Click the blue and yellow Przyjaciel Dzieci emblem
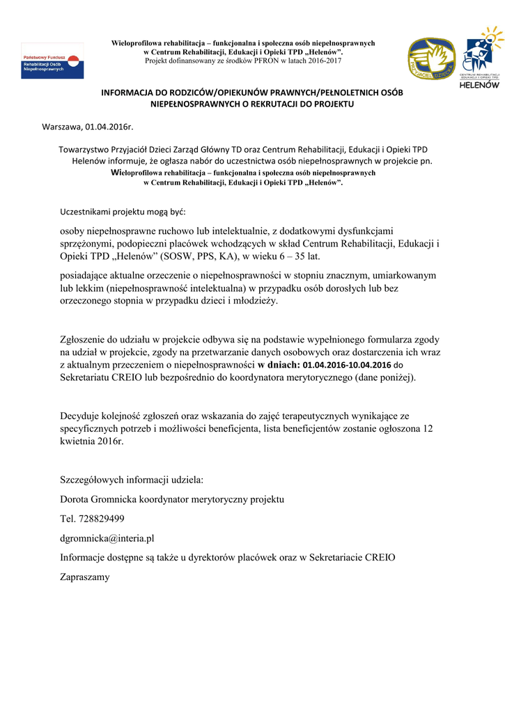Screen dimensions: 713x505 (x=432, y=60)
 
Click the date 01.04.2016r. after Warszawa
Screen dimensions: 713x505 (x=109, y=127)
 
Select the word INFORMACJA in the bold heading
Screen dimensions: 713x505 (x=126, y=93)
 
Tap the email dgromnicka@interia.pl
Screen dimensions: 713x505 (x=107, y=538)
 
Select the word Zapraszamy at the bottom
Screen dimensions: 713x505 (x=85, y=577)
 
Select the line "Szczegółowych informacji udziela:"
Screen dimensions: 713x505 (x=132, y=480)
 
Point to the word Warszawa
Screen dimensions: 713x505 (x=62, y=127)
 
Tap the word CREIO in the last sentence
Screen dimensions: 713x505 (x=380, y=557)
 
